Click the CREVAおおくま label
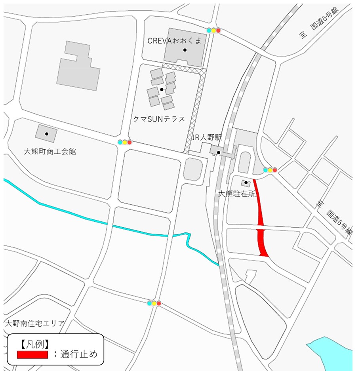click(174, 40)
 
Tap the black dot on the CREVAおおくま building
click(185, 50)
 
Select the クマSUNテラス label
click(159, 119)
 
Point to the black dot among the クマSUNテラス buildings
click(162, 89)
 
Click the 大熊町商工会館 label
click(50, 151)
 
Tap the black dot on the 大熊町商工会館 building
click(47, 134)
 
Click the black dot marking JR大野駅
click(218, 152)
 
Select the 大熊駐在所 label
click(238, 194)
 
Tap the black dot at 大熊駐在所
click(246, 183)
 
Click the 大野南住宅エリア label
click(34, 323)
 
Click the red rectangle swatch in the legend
click(32, 354)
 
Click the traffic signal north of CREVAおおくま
click(213, 30)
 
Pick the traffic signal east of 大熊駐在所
click(270, 170)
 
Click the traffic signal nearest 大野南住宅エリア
click(154, 303)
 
